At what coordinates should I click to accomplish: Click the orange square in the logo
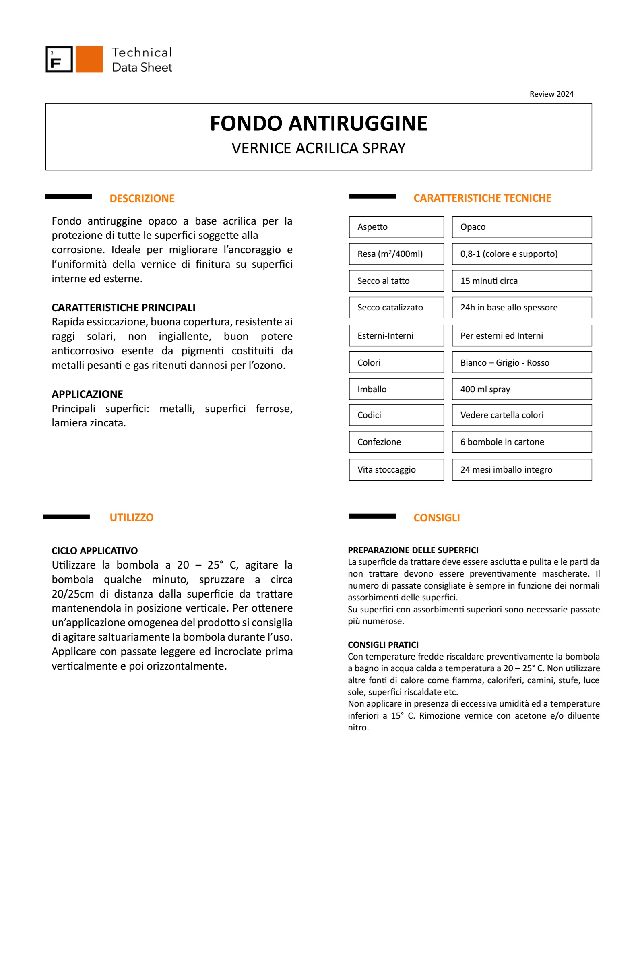89,59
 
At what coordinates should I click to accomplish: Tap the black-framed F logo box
59,59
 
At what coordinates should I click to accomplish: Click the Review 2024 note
551,94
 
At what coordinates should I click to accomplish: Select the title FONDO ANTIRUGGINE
318,123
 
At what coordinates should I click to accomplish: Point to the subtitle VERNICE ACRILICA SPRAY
318,148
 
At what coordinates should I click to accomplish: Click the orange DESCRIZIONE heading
142,198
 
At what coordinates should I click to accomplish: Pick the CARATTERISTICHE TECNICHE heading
482,198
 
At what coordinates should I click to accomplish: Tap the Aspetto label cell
396,227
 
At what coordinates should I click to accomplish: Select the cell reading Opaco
522,227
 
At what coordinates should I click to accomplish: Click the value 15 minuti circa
522,281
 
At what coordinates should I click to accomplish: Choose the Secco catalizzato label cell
396,308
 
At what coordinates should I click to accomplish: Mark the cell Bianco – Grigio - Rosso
522,362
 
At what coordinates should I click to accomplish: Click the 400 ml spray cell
522,389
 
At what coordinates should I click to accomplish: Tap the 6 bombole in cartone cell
522,442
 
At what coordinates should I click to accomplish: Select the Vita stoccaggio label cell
396,470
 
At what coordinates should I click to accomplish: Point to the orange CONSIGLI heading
436,518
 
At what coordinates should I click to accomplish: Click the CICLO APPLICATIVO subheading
95,550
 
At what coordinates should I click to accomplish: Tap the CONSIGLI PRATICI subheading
383,645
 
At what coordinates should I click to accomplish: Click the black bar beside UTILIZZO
66,517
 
